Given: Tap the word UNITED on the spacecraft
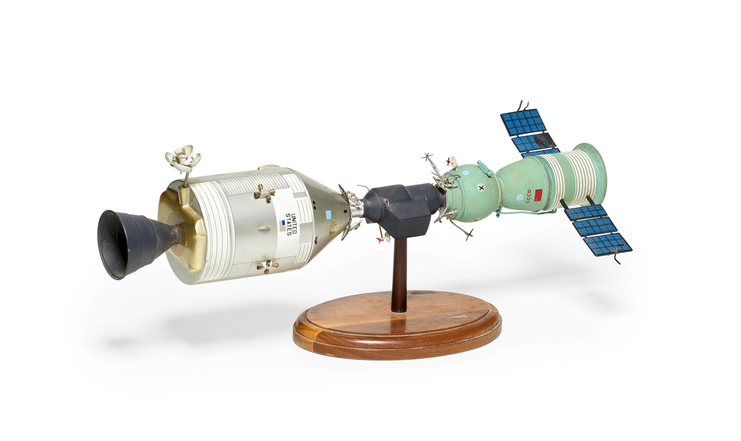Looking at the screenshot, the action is coord(294,223).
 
